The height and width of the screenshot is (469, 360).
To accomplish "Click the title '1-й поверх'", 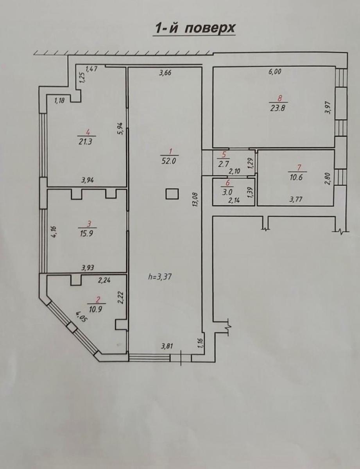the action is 195,28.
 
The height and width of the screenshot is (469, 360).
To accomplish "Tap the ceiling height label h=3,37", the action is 160,276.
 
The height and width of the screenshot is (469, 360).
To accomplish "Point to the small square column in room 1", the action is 172,194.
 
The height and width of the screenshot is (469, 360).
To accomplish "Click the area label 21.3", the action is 85,142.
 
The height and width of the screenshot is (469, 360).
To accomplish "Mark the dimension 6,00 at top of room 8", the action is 275,72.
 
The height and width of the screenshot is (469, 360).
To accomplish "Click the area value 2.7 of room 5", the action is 223,164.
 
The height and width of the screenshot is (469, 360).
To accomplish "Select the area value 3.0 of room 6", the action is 227,192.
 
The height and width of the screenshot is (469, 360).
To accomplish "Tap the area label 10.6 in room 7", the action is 296,177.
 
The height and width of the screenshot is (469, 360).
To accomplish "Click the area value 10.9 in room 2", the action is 95,310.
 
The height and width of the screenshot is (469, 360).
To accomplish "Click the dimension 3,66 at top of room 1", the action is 165,73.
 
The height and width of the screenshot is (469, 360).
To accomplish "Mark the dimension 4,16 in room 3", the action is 54,232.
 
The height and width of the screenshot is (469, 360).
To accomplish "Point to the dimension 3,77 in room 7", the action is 296,199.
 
